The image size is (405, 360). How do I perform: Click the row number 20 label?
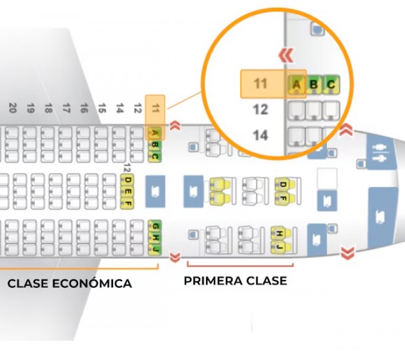tap(12, 108)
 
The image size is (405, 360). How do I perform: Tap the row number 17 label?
tap(66, 108)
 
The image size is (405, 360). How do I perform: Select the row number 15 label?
tap(102, 108)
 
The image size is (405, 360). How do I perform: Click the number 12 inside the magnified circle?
tap(260, 110)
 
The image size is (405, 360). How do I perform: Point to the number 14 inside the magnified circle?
tap(260, 136)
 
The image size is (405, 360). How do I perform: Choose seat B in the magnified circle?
tap(314, 85)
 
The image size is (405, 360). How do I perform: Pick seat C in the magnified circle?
tap(331, 85)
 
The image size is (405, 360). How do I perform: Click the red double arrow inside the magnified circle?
tap(287, 56)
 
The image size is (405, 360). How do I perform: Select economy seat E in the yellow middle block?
tap(127, 191)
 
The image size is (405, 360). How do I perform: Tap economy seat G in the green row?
tap(155, 227)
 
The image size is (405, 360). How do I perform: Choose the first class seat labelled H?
tap(279, 234)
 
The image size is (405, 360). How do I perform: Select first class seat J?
tap(279, 246)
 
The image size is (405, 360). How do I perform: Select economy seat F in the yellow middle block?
tap(127, 203)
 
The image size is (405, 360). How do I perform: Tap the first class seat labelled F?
tap(283, 198)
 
